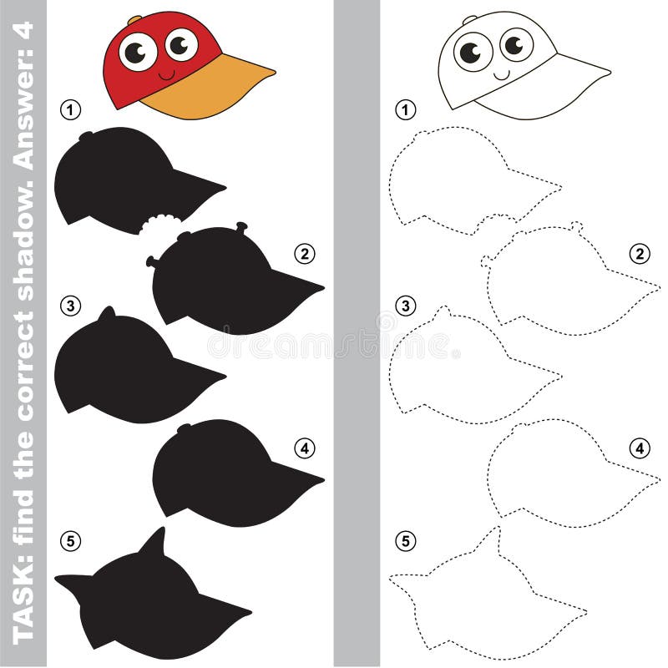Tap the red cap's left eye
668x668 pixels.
[x=138, y=53]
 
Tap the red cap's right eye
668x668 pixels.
[x=181, y=43]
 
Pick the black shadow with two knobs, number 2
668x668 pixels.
[x=225, y=284]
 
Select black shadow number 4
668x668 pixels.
[x=225, y=476]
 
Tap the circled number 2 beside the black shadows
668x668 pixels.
[x=303, y=253]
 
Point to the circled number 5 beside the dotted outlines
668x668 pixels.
[x=405, y=541]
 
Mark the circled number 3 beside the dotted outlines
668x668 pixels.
[x=405, y=306]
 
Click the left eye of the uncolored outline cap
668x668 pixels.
[x=473, y=53]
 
